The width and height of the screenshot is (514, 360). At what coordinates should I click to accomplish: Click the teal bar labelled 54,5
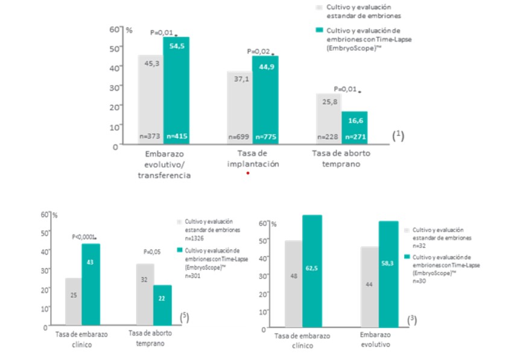point(176,90)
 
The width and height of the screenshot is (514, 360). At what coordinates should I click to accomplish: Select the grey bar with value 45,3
point(150,99)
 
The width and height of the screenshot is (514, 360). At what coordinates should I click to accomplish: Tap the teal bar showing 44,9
point(265,100)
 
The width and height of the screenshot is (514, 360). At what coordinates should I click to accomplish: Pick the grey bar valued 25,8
point(329,119)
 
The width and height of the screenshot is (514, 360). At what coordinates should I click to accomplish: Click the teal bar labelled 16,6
point(354,128)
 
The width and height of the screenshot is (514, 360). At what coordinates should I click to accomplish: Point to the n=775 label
point(265,137)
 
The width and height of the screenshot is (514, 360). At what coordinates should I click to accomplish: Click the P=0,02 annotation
point(258,53)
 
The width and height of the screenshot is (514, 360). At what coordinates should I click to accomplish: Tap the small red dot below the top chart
point(247,174)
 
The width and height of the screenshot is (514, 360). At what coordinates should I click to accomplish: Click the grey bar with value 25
point(73,302)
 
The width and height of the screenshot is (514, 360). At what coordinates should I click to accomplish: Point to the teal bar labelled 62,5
point(312,272)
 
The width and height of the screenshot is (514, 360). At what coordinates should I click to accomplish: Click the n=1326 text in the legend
point(193,238)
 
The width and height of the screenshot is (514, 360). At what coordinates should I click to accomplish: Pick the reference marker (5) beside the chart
point(185,317)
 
